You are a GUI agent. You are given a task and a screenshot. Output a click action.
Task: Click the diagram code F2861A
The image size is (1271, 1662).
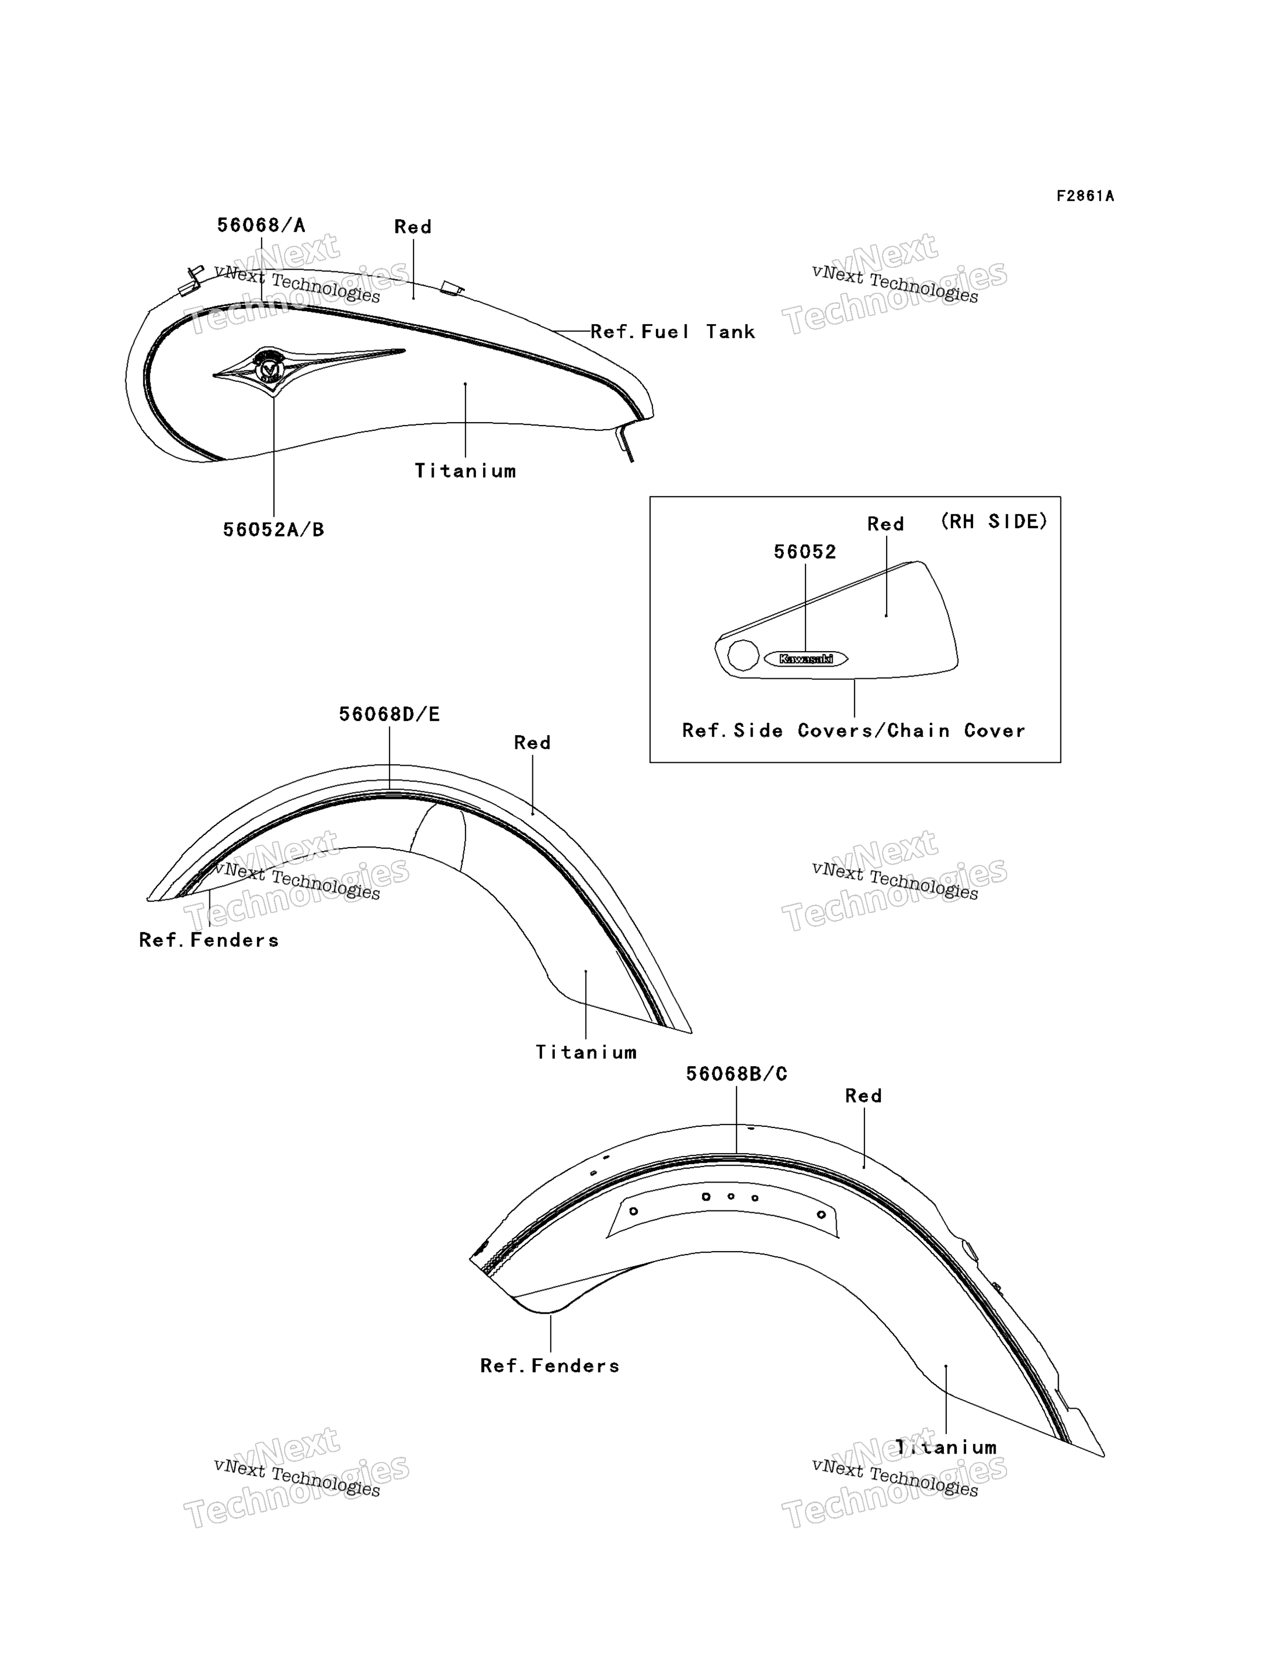point(1085,196)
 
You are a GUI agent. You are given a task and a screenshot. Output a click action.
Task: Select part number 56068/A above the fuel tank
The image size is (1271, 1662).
point(261,225)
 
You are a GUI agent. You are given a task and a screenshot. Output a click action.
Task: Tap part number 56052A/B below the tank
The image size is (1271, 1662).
point(273,529)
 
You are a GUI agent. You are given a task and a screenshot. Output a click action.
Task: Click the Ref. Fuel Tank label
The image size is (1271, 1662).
point(673,332)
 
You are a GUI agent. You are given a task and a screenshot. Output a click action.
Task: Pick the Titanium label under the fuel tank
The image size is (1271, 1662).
point(465,471)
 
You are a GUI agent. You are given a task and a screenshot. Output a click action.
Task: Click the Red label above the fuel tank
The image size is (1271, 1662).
point(413,227)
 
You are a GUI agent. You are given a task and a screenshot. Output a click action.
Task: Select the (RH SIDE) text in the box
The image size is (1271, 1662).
point(994,521)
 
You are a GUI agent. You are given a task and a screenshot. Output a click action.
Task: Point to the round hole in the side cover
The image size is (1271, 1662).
point(743,655)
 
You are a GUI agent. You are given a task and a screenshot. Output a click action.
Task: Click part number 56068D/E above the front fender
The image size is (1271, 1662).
point(389,714)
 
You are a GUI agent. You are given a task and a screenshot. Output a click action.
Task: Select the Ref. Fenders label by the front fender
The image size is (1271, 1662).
point(209,940)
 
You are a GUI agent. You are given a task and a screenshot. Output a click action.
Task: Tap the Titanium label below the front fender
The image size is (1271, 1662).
point(586,1052)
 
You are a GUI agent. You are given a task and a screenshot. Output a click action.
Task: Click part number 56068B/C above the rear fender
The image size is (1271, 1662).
point(736,1074)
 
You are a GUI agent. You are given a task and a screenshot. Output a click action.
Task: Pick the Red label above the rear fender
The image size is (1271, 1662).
point(863,1096)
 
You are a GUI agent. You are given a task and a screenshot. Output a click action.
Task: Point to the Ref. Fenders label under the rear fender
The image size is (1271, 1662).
point(550,1365)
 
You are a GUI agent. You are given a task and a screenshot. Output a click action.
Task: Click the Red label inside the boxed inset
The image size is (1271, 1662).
point(886,524)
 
